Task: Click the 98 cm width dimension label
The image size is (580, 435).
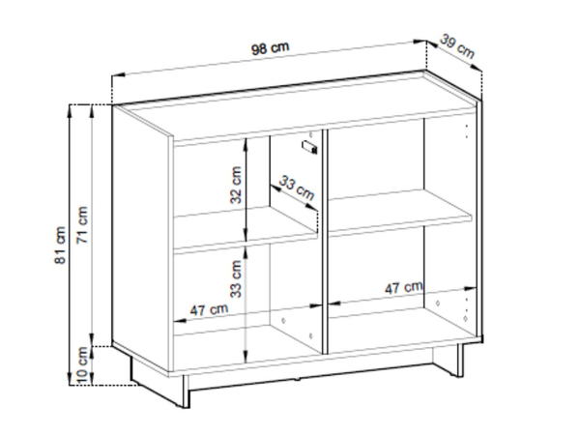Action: coord(270,48)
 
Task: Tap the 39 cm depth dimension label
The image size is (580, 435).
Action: coord(457,45)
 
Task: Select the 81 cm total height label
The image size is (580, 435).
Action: coord(60,245)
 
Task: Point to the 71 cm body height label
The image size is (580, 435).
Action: coord(82,224)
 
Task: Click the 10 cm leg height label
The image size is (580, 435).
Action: coord(82,365)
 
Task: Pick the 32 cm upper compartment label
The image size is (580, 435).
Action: coord(236,185)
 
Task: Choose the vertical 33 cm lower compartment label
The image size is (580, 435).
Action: coord(236,279)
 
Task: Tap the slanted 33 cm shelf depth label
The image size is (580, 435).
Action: coord(297,188)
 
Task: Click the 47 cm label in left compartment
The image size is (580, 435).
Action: coord(209,309)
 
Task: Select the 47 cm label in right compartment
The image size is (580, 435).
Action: coord(403,287)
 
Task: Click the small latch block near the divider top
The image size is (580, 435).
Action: coord(310,147)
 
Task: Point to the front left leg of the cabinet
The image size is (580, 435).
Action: coord(185,392)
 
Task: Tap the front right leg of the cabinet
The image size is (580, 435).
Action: coord(460,361)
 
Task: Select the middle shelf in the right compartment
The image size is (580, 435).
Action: coord(399,213)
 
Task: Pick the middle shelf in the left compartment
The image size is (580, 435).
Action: coord(246,229)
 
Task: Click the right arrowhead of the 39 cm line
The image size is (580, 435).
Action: coord(477,68)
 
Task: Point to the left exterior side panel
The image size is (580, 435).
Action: coord(142,237)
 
